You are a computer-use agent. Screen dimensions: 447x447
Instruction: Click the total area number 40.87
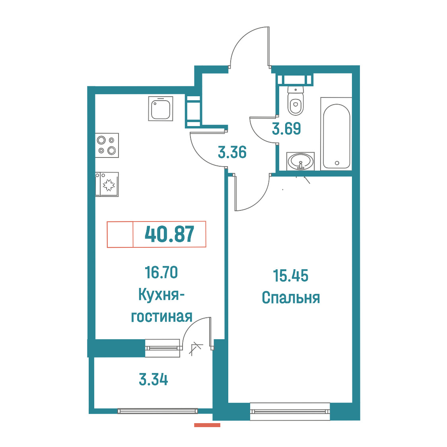click(170, 234)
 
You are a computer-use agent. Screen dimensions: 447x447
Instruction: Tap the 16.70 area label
click(161, 272)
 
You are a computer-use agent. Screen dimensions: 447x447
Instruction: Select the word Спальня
click(291, 298)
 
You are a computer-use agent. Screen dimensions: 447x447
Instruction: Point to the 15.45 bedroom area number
click(290, 276)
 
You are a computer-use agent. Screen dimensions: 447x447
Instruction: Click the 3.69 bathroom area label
click(286, 128)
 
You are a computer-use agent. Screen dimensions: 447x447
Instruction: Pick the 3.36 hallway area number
click(232, 152)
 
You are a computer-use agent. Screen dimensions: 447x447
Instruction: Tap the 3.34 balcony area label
click(154, 380)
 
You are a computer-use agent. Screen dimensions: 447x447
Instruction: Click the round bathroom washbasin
click(301, 161)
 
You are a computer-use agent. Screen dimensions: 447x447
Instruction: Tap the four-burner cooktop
click(107, 146)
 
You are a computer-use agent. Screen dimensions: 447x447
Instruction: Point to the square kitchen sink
click(161, 109)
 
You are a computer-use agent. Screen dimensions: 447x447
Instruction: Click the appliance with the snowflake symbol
click(107, 185)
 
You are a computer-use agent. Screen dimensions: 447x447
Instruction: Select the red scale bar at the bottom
click(207, 425)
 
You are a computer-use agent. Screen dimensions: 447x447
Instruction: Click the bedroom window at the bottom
click(290, 411)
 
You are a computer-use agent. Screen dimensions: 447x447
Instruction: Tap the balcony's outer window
click(157, 411)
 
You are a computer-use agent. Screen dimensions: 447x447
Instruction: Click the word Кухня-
click(161, 294)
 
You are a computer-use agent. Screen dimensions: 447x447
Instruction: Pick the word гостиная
click(161, 317)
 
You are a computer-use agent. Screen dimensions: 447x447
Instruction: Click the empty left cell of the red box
click(120, 234)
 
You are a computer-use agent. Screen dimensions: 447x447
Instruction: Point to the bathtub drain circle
click(337, 163)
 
